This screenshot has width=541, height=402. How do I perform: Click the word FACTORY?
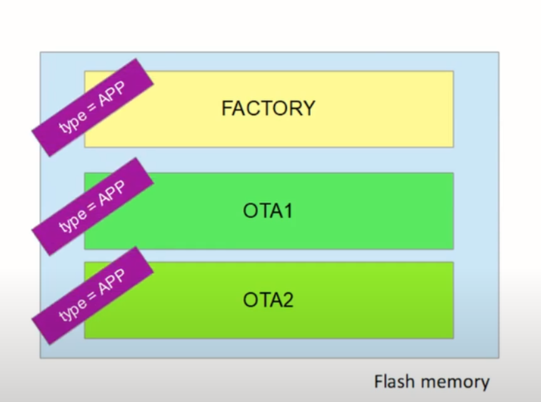click(268, 108)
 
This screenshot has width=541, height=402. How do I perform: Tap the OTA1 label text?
click(268, 211)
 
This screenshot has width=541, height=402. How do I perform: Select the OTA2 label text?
click(268, 301)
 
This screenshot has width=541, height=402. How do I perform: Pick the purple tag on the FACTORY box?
click(93, 108)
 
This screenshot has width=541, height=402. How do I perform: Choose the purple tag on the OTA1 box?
click(93, 207)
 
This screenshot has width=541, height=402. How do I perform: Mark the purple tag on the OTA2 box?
click(93, 296)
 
